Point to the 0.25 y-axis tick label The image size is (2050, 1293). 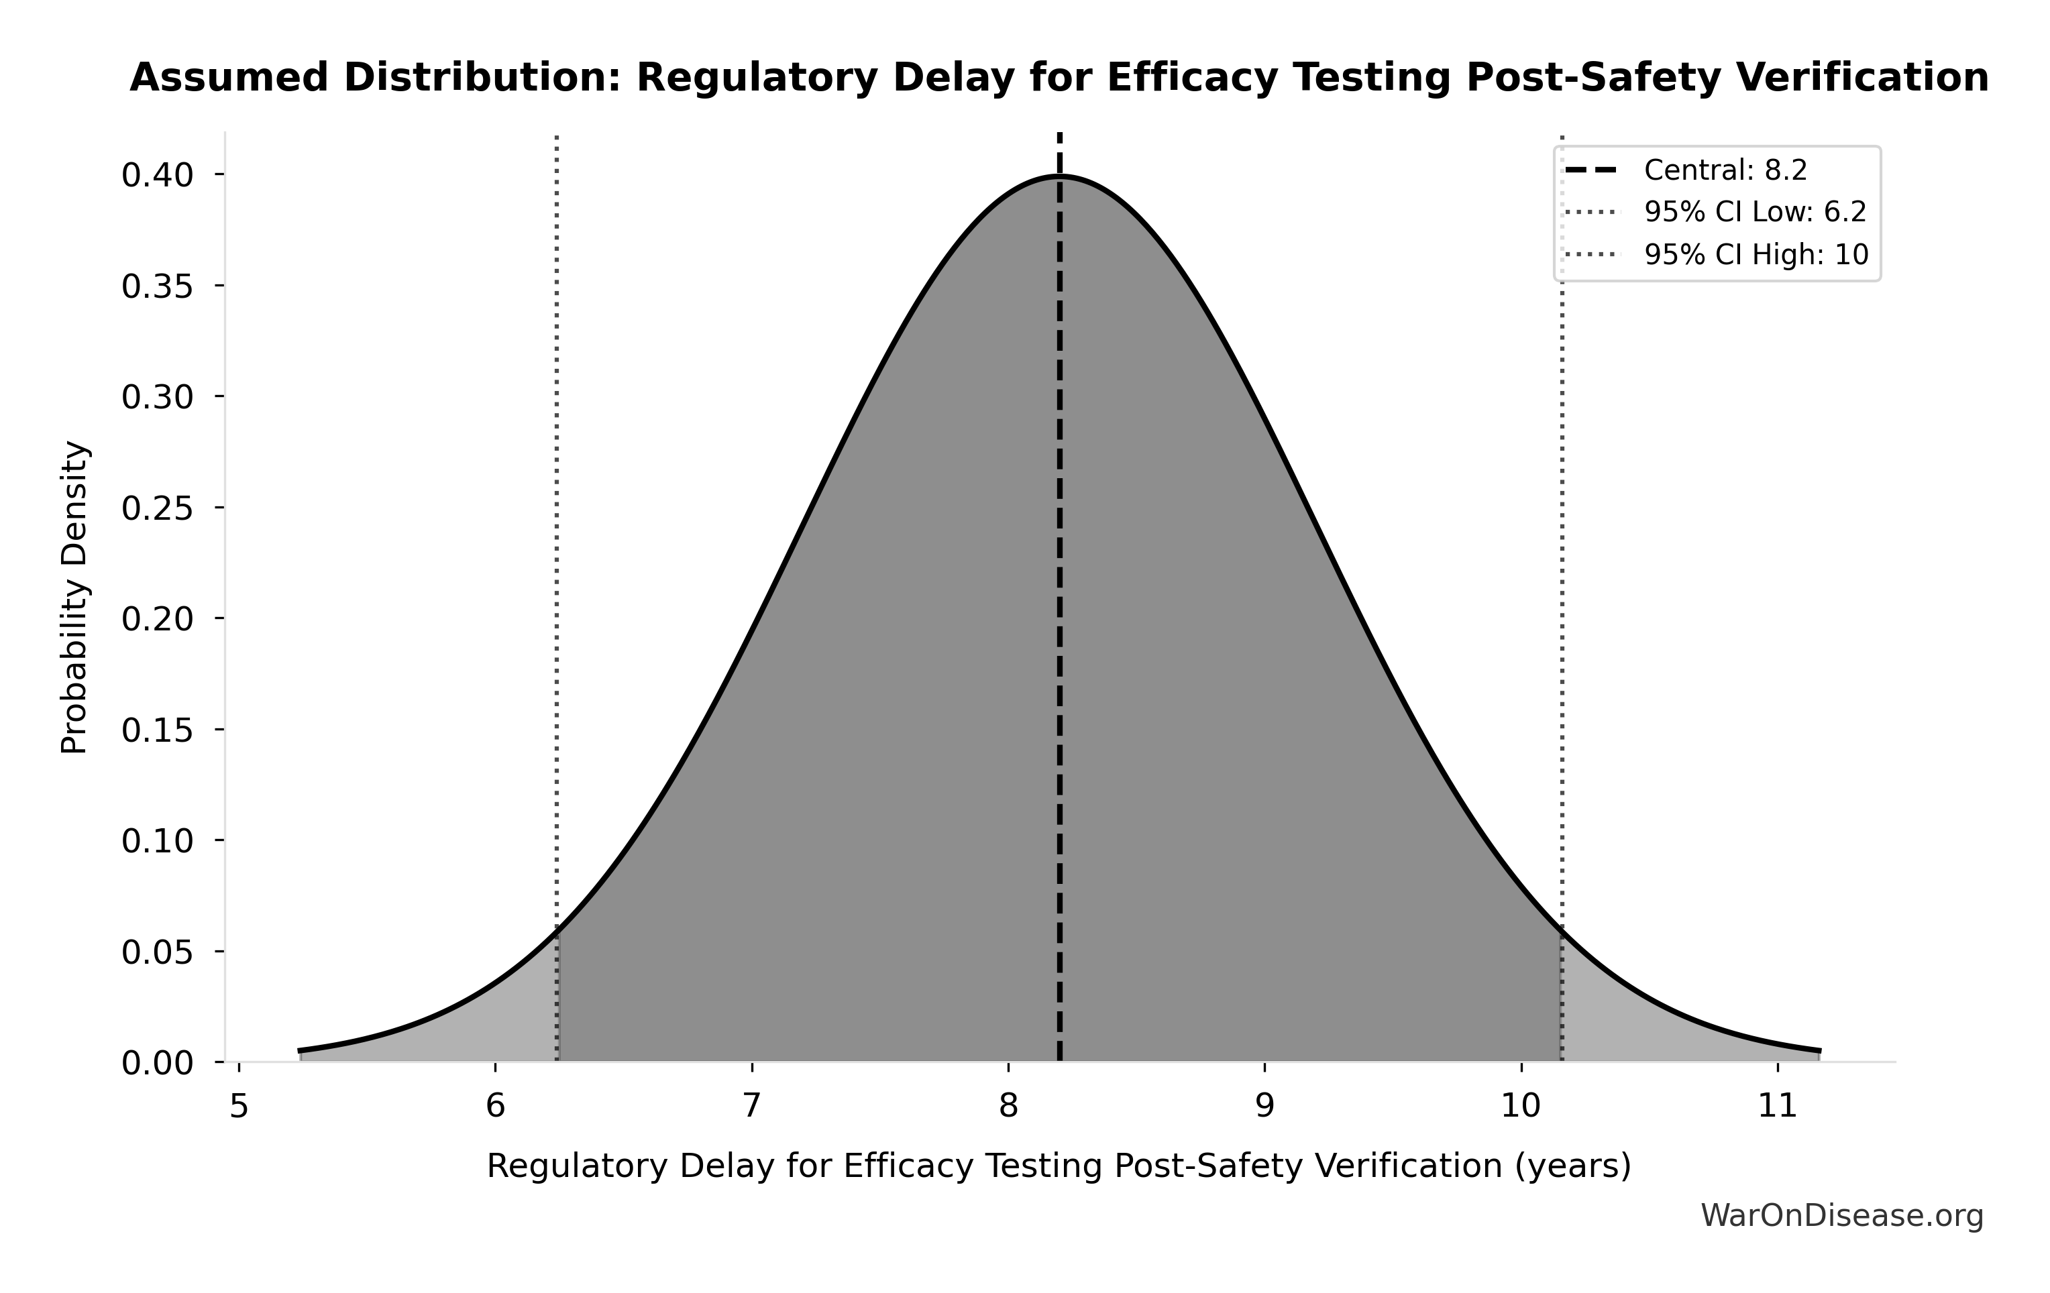pos(158,508)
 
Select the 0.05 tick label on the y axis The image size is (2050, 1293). pos(158,952)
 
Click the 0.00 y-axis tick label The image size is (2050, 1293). pos(158,1063)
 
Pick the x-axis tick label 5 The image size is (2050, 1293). pos(239,1107)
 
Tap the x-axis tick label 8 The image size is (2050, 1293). pos(1009,1107)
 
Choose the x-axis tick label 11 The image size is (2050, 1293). pos(1778,1107)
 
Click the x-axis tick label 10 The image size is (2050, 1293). pos(1521,1107)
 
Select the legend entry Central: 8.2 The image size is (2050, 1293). pos(1725,171)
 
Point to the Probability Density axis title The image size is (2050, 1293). pos(75,598)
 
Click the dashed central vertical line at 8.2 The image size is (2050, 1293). pos(1060,596)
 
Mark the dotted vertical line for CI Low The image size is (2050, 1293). pos(557,511)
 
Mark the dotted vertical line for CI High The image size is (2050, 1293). pos(1562,511)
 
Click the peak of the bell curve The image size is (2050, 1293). pos(1060,176)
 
